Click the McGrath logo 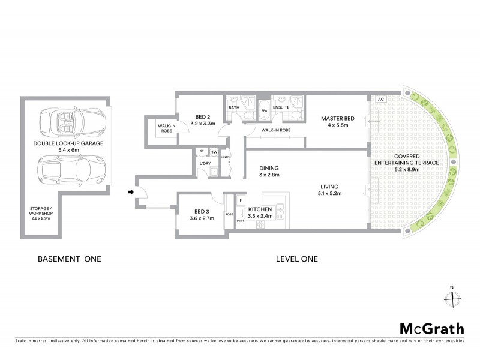[x=432, y=328]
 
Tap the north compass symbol [x=454, y=296]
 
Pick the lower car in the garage [x=67, y=171]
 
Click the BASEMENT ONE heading [x=70, y=259]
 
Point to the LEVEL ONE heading [x=296, y=259]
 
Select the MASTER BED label [x=338, y=118]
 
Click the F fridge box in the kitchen [x=241, y=200]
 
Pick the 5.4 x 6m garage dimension [x=68, y=151]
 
